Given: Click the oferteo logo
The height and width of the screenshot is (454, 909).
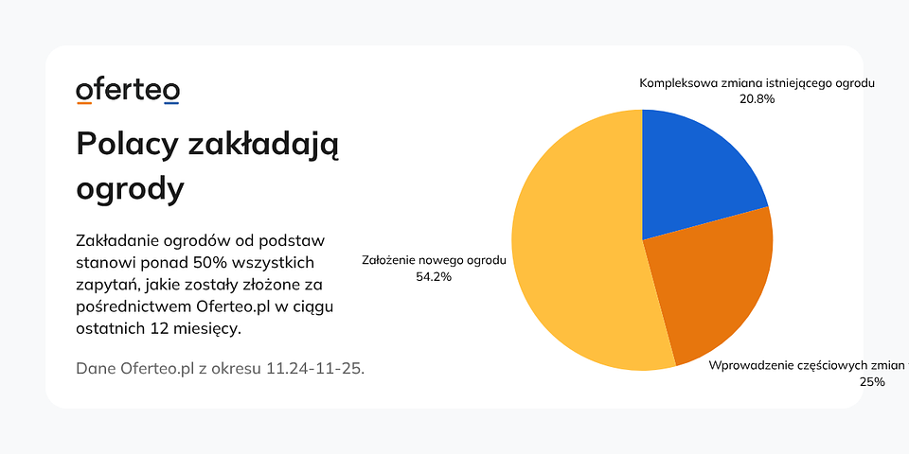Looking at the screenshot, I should tap(128, 91).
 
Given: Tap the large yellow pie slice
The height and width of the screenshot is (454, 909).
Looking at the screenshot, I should tap(578, 246).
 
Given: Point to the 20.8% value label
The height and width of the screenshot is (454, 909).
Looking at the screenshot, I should tap(757, 98).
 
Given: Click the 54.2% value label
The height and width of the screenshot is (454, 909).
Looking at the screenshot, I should tap(434, 277).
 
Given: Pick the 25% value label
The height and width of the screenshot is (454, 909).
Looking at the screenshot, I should tap(871, 382).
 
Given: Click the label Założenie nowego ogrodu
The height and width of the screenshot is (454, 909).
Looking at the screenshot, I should tap(435, 260).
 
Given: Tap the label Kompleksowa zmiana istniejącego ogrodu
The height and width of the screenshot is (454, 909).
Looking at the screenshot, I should tap(757, 83).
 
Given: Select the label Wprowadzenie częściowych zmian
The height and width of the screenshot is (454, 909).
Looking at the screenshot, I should tap(807, 365).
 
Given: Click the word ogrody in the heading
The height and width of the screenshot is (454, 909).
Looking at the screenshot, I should tap(130, 189).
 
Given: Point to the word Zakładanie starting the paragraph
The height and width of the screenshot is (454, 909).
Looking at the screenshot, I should tap(114, 239).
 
